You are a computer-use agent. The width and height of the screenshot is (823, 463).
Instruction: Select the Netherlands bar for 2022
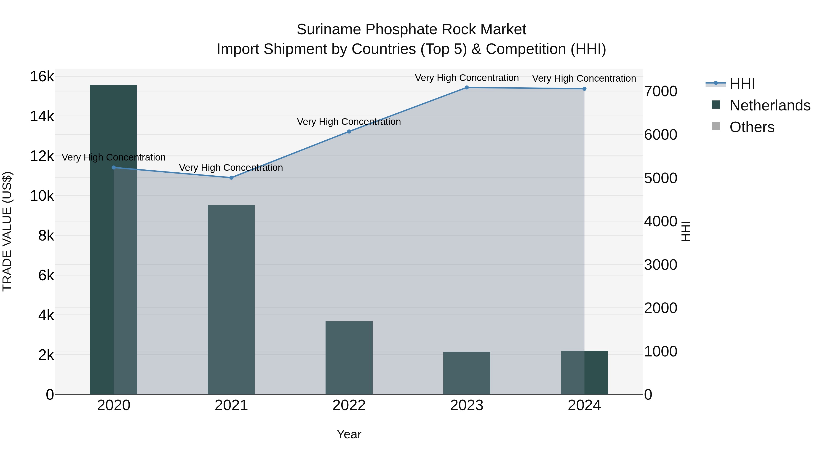pos(349,358)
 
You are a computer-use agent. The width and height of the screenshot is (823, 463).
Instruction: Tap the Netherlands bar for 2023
pos(466,373)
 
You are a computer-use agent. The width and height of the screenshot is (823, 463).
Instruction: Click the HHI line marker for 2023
pos(466,88)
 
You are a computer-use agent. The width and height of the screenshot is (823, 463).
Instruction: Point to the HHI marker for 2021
pos(231,178)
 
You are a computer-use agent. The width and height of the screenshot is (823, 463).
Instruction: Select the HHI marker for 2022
pos(349,131)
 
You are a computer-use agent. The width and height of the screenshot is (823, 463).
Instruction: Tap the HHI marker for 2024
pos(584,89)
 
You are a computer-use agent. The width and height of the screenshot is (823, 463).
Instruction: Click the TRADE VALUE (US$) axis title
pos(7,231)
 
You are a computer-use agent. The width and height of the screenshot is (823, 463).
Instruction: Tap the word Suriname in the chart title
pos(329,29)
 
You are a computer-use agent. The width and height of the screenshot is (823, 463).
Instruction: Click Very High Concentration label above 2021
pos(231,168)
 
